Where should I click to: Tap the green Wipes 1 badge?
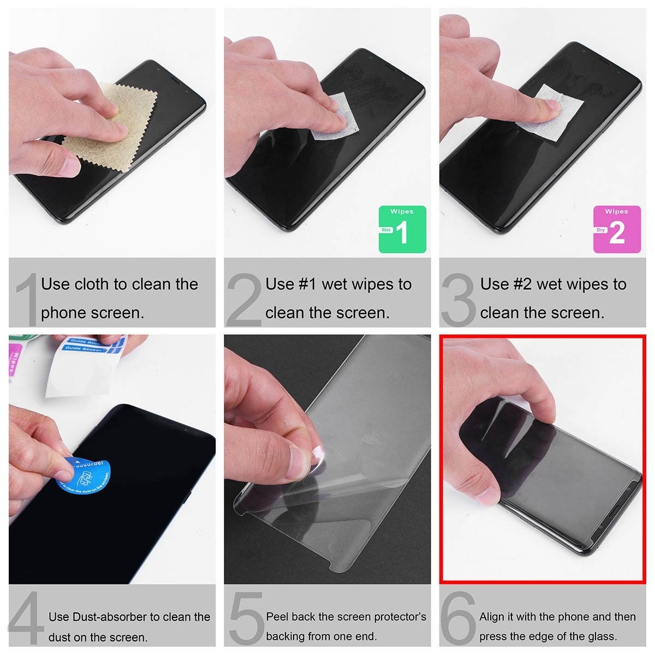(x=402, y=229)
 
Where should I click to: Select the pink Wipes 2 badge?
(x=617, y=229)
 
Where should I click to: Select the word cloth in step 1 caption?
(x=92, y=284)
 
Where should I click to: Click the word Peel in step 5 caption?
(x=277, y=617)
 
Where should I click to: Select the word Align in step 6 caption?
(x=492, y=617)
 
